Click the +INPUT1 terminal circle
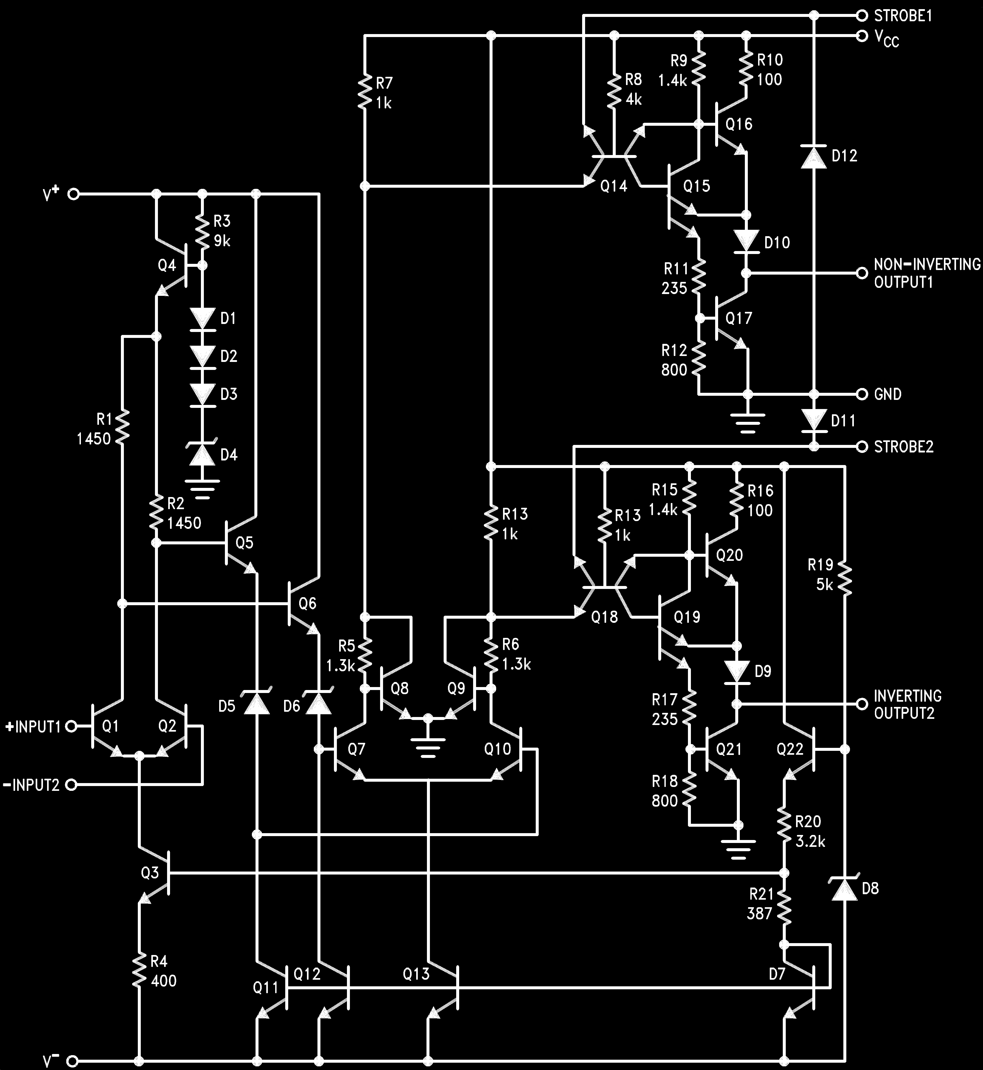click(71, 726)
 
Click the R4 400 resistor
click(139, 971)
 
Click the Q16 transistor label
click(739, 124)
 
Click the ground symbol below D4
click(202, 488)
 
